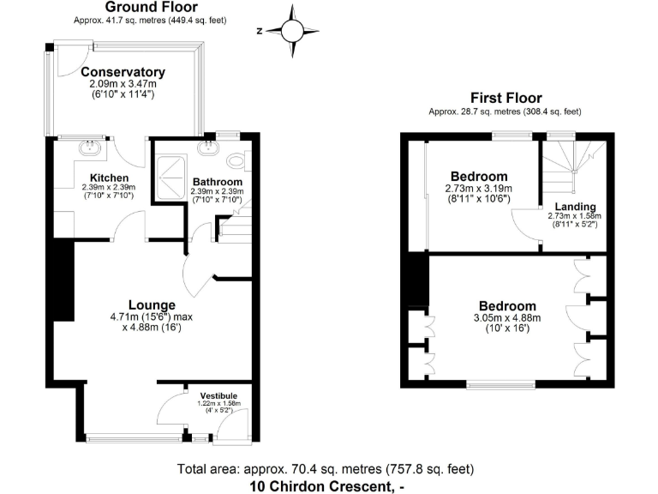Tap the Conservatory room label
pyautogui.click(x=123, y=72)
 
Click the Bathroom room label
pyautogui.click(x=216, y=182)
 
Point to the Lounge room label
pyautogui.click(x=152, y=304)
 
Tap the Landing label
pyautogui.click(x=570, y=207)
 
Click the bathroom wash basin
pyautogui.click(x=206, y=148)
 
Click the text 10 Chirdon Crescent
pyautogui.click(x=324, y=485)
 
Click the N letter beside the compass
pyautogui.click(x=259, y=32)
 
